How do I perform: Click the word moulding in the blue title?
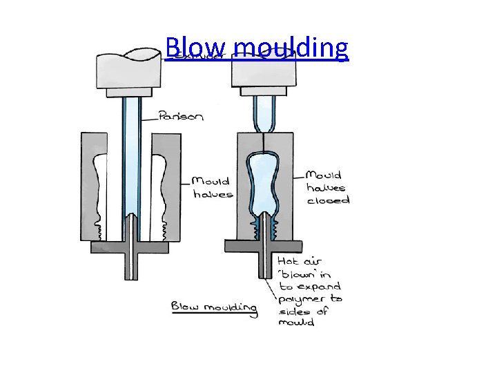[x=290, y=48]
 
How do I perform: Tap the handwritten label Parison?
[x=181, y=116]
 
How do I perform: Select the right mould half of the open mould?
[x=166, y=186]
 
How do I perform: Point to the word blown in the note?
[x=296, y=274]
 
